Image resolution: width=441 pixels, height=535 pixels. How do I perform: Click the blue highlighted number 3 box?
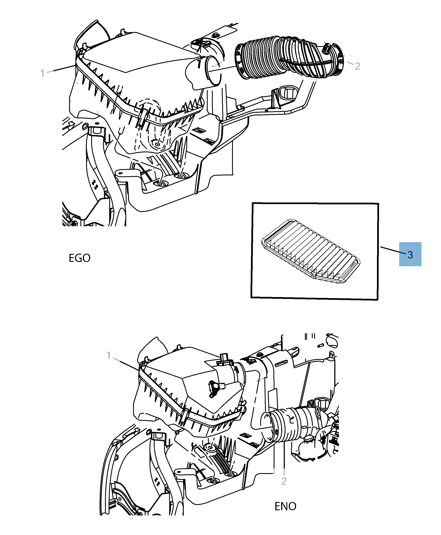tap(410, 254)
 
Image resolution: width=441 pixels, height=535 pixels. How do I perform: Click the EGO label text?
tap(80, 258)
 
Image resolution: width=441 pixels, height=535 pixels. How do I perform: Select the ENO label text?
tap(285, 506)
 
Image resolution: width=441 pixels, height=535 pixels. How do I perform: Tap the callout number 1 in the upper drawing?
tap(42, 73)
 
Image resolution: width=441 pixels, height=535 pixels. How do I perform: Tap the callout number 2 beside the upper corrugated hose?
tap(357, 66)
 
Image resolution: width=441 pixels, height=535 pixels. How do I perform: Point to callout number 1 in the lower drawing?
tap(109, 355)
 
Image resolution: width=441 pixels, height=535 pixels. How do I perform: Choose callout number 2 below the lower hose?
tap(284, 481)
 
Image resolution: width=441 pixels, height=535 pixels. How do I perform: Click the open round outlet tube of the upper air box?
tap(212, 71)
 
